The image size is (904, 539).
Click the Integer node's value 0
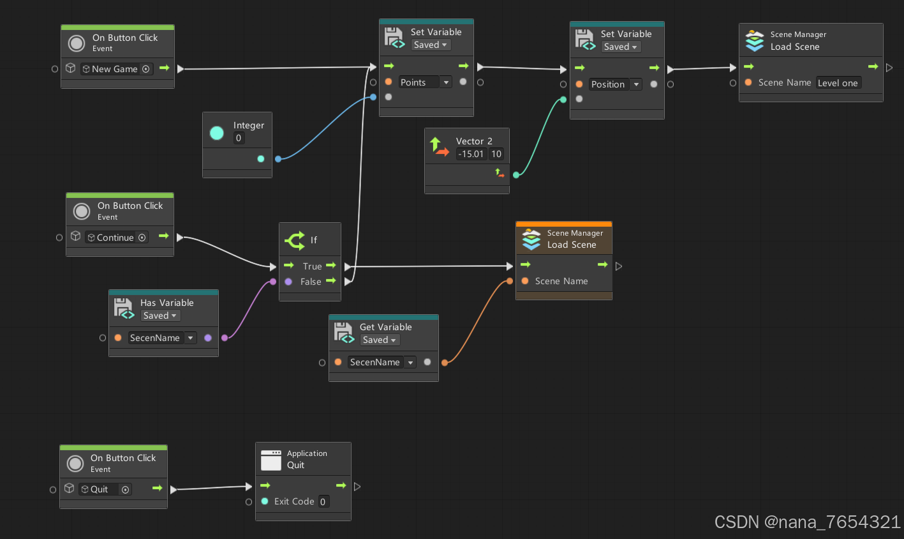[239, 138]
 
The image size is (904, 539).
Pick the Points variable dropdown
[425, 82]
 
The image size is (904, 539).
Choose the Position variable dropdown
[615, 84]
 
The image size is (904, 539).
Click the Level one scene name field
[838, 83]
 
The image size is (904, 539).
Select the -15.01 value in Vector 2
[471, 154]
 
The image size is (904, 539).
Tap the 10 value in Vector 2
[496, 154]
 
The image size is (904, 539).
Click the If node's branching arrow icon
[295, 240]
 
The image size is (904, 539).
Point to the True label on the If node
[312, 266]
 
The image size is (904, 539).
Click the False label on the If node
[311, 282]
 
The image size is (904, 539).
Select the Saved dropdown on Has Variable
[159, 315]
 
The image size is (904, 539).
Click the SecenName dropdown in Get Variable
[382, 362]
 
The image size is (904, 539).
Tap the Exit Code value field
[323, 502]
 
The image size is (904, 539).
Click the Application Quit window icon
[271, 460]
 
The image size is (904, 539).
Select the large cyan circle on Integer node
[217, 133]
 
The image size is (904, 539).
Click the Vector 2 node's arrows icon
[439, 147]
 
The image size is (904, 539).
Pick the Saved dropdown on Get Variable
[379, 340]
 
